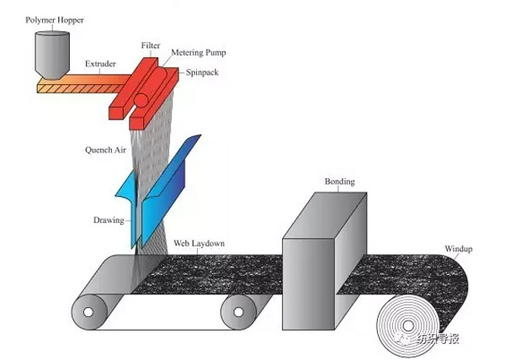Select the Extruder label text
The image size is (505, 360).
click(x=102, y=64)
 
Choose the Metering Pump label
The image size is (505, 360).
click(x=200, y=52)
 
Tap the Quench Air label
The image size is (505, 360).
click(x=105, y=151)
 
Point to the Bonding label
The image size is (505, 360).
click(x=340, y=182)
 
